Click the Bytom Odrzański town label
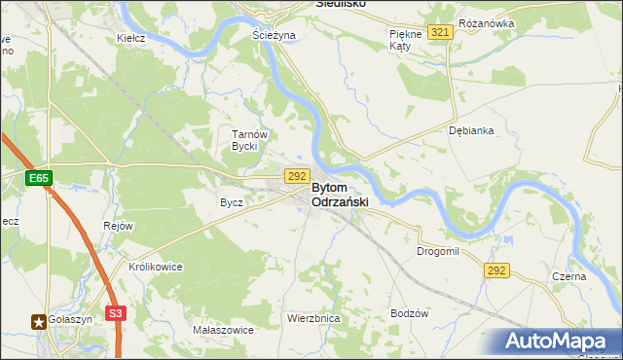340,194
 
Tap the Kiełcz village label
130,38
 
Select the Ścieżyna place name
274,35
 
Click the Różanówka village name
485,23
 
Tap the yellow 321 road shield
440,32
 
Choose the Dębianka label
472,129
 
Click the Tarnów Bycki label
243,140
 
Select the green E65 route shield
38,179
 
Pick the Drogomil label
437,251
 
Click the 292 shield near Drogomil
495,270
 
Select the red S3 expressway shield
116,313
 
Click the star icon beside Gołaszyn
39,320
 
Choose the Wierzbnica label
312,318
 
